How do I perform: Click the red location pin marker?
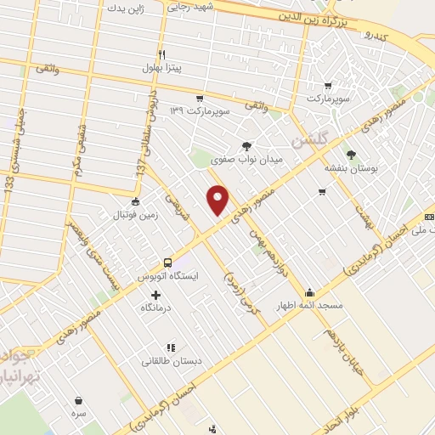tap(218, 201)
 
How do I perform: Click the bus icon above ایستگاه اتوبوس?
tap(167, 263)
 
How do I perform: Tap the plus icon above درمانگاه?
tap(155, 294)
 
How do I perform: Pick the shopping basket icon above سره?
tap(79, 400)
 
